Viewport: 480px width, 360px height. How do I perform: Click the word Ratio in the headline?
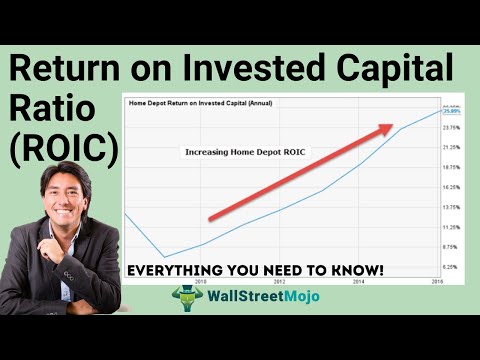click(x=50, y=110)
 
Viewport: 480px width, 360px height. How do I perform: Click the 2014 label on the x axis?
click(x=358, y=282)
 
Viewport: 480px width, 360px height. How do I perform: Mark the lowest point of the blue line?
click(x=164, y=257)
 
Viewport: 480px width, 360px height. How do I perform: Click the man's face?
click(x=66, y=194)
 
